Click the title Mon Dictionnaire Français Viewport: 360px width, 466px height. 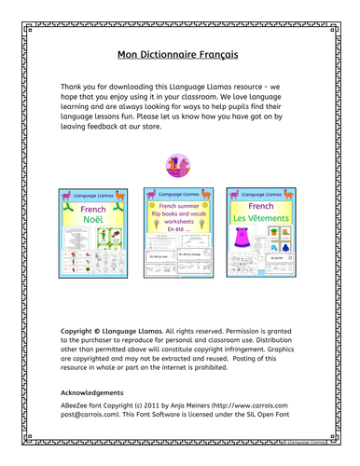[179, 54]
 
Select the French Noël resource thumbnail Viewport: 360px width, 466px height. [95, 233]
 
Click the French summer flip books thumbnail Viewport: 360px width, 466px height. [179, 233]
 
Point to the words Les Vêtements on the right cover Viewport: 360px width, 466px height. [263, 217]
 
